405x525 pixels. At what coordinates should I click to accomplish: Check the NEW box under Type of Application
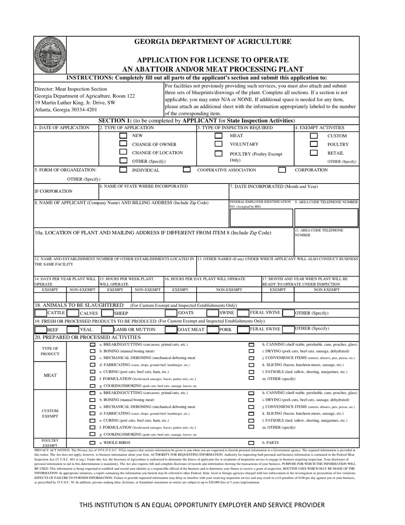[x=123, y=136]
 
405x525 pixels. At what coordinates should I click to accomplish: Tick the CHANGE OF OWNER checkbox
[x=123, y=144]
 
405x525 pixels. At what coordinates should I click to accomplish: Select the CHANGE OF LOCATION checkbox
[x=123, y=152]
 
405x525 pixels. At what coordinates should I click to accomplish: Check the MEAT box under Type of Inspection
[x=218, y=136]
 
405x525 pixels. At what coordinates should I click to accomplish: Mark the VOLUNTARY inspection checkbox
[x=218, y=144]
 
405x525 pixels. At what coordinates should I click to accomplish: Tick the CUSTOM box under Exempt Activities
[x=314, y=136]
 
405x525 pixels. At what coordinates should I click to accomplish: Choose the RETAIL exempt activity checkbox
[x=314, y=152]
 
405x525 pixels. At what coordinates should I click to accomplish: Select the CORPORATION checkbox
[x=282, y=170]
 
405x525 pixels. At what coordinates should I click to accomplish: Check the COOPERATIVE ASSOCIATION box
[x=186, y=170]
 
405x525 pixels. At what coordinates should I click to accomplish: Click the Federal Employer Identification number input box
[x=261, y=218]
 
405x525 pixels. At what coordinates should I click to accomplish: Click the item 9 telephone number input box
[x=326, y=218]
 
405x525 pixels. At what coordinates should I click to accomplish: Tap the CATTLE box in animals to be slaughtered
[x=40, y=313]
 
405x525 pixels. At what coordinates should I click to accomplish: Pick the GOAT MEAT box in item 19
[x=171, y=330]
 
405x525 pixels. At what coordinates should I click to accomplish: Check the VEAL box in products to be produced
[x=73, y=330]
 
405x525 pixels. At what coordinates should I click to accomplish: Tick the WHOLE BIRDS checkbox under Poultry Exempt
[x=93, y=443]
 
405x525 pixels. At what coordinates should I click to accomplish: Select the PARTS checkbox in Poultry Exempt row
[x=251, y=443]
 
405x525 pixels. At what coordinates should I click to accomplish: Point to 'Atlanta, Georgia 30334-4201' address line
[x=66, y=110]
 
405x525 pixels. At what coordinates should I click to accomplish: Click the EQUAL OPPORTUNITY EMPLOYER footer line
[x=202, y=505]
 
